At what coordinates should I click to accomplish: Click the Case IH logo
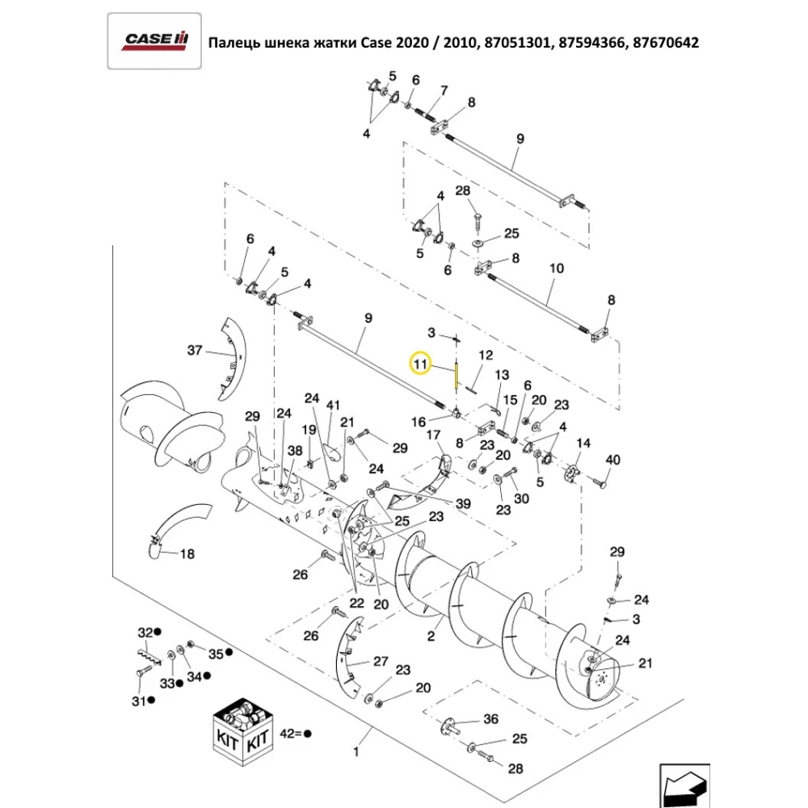point(154,41)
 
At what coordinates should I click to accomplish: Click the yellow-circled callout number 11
point(420,364)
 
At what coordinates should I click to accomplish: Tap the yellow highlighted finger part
point(457,376)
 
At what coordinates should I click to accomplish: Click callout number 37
point(194,350)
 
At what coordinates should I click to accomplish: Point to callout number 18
point(187,554)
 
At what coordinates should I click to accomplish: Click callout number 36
point(491,718)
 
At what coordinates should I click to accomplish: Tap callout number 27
point(380,660)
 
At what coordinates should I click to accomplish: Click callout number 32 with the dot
point(145,630)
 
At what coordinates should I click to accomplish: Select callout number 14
point(583,442)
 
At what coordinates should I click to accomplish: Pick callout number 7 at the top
point(444,89)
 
